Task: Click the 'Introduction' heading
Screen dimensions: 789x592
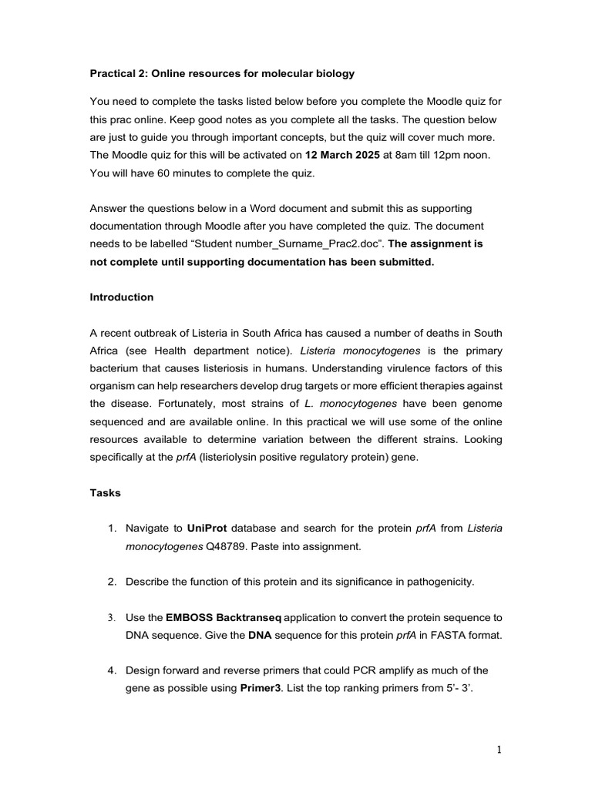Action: point(122,297)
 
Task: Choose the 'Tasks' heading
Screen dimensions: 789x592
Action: point(105,492)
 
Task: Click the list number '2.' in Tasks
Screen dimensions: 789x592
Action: point(113,582)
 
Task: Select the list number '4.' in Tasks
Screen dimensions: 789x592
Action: point(113,670)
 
